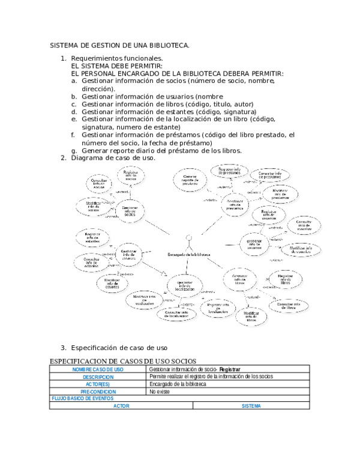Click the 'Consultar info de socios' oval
[x=99, y=183]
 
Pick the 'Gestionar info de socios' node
[x=130, y=211]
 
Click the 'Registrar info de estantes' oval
[x=94, y=237]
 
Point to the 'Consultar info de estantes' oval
[x=92, y=262]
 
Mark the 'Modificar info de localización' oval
[x=145, y=300]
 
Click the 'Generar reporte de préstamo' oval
[x=191, y=179]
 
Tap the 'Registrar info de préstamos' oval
[x=229, y=171]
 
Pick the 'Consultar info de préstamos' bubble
[x=270, y=175]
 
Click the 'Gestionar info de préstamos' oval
[x=235, y=204]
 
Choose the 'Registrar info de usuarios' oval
[x=269, y=215]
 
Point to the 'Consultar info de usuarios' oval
[x=304, y=226]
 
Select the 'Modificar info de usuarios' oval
[x=301, y=250]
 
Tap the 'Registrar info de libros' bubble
[x=285, y=279]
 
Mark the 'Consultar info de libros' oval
[x=289, y=306]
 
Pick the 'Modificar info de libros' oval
[x=251, y=316]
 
